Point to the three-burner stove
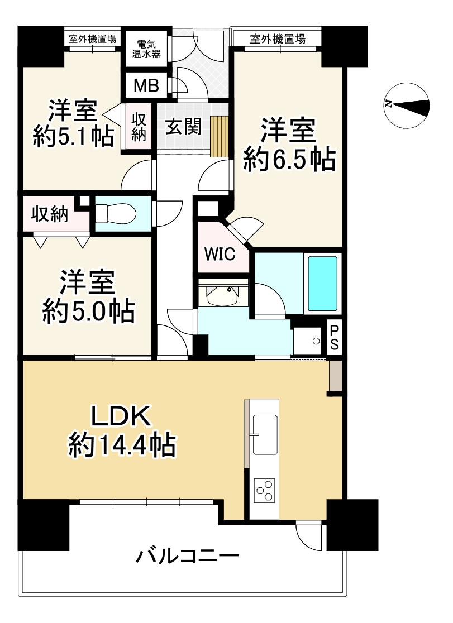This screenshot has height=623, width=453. (x=264, y=490)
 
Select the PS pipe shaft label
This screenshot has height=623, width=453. (x=333, y=337)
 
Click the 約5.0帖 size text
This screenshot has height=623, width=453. (x=89, y=312)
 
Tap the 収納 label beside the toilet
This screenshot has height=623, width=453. (x=49, y=214)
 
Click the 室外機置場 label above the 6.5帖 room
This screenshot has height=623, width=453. (x=278, y=39)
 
